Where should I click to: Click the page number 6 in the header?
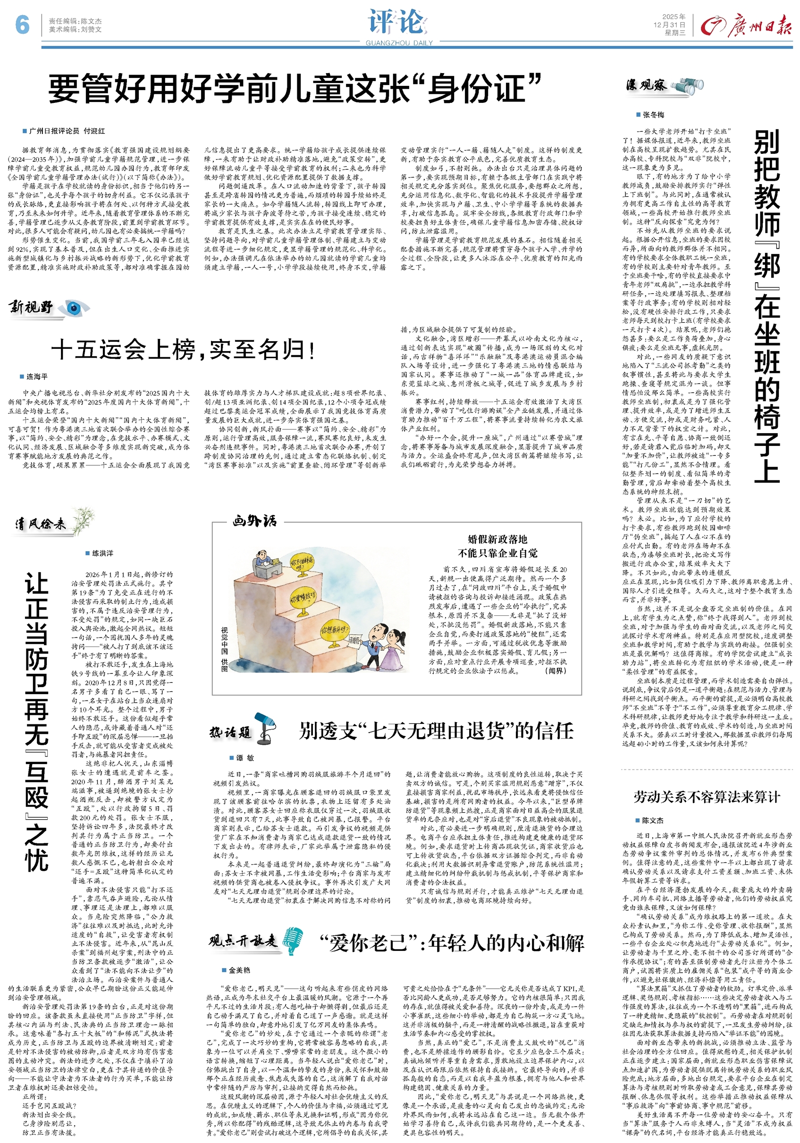(22, 25)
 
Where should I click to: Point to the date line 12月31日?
(669, 25)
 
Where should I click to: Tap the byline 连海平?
(37, 376)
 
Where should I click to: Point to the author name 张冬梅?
(653, 115)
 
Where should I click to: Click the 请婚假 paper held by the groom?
(354, 641)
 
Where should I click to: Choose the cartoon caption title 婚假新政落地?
(497, 539)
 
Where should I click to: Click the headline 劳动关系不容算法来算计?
(707, 797)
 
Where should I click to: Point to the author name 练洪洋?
(102, 553)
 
